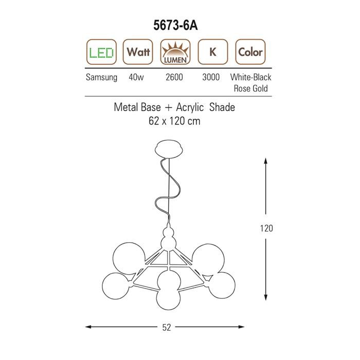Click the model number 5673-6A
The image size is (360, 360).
(x=175, y=25)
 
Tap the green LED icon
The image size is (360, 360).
(x=101, y=52)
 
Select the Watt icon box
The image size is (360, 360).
(x=138, y=52)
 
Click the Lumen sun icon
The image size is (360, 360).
(x=175, y=52)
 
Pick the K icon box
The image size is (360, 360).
(x=213, y=52)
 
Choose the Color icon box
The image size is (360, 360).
(x=250, y=52)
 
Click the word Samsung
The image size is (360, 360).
(x=101, y=77)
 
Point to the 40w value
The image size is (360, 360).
(x=136, y=77)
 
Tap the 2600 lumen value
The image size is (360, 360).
(x=174, y=77)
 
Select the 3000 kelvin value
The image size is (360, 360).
(x=211, y=77)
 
